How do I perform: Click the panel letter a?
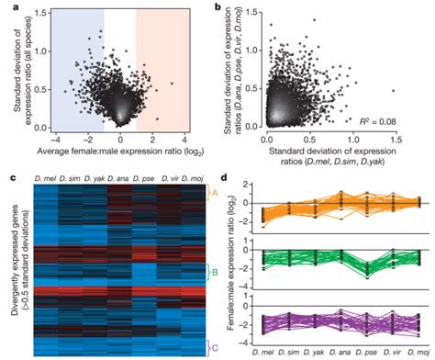click(x=7, y=8)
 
